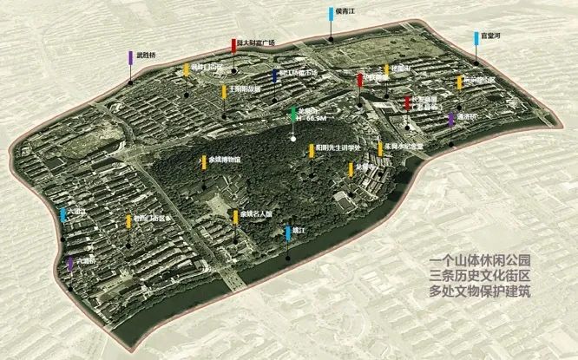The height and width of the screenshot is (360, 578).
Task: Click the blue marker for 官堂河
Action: click(476, 38)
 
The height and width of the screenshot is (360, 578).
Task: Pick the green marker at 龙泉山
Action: click(293, 116)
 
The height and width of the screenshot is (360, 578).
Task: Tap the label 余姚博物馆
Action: click(225, 160)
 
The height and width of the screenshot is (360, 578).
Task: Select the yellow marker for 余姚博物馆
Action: click(202, 162)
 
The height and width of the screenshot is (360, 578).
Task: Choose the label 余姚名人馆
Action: click(256, 213)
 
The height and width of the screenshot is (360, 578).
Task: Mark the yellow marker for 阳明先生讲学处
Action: click(308, 151)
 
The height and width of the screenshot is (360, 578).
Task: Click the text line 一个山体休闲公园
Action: click(479, 260)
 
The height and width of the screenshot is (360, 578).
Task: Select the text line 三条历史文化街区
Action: click(479, 276)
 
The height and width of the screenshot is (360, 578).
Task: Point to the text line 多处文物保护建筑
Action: click(479, 291)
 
